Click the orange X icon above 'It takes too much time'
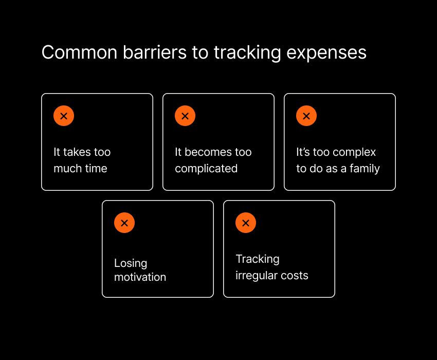[64, 116]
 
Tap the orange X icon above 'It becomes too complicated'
[185, 116]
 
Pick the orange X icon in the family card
[306, 116]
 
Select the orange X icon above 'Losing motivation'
[124, 223]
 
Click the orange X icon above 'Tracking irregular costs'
[246, 223]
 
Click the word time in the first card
[96, 168]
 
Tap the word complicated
[206, 169]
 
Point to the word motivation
[140, 277]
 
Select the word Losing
[131, 263]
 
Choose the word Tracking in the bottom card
[258, 259]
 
